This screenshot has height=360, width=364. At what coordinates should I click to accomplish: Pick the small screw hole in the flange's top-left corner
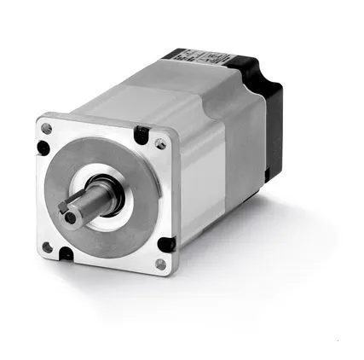pyautogui.click(x=47, y=128)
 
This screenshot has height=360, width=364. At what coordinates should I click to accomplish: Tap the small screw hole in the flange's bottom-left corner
pyautogui.click(x=48, y=248)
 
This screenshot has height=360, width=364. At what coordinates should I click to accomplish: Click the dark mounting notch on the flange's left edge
pyautogui.click(x=43, y=149)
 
